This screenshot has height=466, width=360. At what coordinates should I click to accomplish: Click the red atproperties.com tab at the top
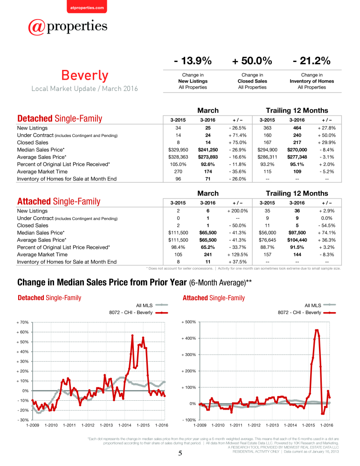click(87, 7)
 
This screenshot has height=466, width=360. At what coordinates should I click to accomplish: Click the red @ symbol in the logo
click(37, 27)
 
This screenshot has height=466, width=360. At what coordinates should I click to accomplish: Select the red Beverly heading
click(85, 75)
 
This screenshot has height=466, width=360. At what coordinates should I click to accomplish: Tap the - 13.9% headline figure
click(193, 61)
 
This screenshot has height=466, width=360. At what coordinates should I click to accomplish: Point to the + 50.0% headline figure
click(252, 61)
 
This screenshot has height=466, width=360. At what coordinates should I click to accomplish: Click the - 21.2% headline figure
click(312, 61)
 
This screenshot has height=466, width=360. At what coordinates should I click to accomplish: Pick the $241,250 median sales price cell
click(208, 150)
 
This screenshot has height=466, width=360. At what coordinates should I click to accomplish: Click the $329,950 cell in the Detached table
click(178, 150)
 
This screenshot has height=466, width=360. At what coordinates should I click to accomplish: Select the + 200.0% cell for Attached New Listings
click(237, 211)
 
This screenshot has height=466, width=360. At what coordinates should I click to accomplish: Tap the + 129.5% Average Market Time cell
click(237, 254)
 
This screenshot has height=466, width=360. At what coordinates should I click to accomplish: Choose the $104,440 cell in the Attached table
click(297, 240)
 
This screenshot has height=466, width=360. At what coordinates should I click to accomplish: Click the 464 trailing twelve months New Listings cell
click(297, 128)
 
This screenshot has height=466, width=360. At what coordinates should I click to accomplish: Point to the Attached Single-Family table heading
click(59, 201)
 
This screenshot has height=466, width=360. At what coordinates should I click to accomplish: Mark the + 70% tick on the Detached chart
click(22, 322)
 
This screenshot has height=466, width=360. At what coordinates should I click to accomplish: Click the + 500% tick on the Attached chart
click(189, 322)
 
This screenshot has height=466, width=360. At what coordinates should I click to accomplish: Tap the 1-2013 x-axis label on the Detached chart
click(106, 425)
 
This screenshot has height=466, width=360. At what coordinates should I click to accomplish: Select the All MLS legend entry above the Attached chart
click(320, 305)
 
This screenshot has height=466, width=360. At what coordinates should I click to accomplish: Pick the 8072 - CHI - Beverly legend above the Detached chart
click(138, 313)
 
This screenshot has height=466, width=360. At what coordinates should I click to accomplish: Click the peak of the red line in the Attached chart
click(317, 329)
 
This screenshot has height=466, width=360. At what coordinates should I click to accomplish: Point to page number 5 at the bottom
click(180, 453)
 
